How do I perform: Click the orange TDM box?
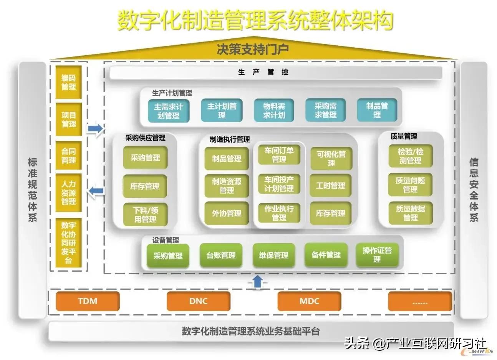88,301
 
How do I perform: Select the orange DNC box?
198,301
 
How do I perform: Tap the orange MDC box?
309,301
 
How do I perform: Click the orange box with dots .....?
420,301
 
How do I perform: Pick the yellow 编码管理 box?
69,82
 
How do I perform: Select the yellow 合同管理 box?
69,156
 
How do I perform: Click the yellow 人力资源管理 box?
69,192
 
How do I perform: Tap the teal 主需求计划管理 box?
169,111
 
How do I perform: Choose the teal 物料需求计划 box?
274,111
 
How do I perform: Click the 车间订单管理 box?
279,155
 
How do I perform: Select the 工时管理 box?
331,186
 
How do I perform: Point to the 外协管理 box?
227,213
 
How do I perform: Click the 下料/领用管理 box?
145,215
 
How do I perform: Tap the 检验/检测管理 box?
410,156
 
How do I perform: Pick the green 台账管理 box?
221,255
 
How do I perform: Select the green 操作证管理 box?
377,255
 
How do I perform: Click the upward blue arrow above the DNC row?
258,281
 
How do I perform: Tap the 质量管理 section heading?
404,136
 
